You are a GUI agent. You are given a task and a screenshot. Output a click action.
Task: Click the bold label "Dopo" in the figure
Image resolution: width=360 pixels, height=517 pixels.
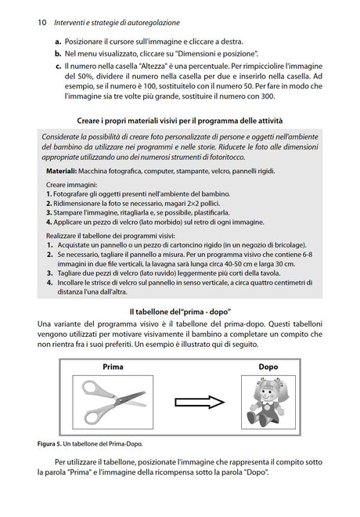(x=268, y=367)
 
